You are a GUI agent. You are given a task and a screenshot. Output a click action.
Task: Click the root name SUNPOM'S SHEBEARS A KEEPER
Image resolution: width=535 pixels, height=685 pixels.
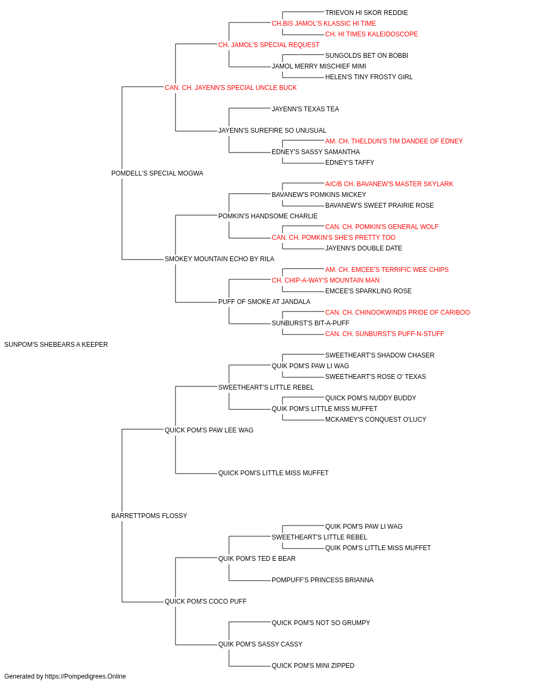(x=56, y=345)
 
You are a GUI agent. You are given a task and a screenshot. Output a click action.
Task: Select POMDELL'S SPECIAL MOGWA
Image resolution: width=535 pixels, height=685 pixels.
(x=157, y=173)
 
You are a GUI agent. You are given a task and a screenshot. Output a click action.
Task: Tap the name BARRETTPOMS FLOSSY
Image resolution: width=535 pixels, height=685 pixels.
(x=149, y=516)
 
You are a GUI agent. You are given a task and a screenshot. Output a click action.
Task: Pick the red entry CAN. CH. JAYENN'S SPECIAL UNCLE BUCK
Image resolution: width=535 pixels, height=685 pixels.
(x=231, y=88)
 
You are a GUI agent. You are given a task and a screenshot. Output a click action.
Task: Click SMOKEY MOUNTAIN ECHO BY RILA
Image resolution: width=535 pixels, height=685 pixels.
(x=219, y=259)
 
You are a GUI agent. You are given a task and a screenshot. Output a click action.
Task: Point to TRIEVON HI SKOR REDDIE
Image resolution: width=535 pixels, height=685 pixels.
(x=366, y=13)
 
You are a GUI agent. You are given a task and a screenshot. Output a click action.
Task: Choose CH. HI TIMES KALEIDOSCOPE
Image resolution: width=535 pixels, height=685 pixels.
(x=371, y=34)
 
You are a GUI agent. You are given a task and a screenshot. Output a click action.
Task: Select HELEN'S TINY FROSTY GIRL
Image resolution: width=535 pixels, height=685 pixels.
(x=369, y=77)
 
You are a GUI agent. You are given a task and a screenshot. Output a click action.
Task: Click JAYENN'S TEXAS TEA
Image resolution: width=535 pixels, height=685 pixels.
(x=305, y=109)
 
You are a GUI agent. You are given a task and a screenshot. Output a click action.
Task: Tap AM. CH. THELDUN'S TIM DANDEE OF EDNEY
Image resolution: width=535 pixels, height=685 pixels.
(x=394, y=141)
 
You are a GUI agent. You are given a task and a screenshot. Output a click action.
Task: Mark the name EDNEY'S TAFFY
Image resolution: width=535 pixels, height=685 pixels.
(x=349, y=163)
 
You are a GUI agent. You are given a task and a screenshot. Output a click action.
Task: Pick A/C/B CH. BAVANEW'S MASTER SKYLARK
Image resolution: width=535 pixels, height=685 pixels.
(x=389, y=184)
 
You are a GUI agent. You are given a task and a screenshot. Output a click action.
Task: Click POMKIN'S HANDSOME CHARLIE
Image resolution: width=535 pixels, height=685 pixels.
(x=268, y=216)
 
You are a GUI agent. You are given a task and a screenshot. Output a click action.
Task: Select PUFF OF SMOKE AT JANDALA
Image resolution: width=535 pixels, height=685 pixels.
(x=264, y=302)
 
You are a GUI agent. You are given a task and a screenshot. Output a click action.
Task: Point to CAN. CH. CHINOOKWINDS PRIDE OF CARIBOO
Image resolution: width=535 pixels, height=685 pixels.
(x=398, y=313)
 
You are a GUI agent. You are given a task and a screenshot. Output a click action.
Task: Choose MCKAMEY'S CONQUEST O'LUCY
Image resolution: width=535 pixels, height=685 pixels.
(x=376, y=419)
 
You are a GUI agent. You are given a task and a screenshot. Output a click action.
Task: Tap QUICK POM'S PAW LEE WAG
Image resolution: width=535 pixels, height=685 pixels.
(x=209, y=430)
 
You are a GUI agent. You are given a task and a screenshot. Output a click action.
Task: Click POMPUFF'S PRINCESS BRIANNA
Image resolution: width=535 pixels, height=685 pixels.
(x=323, y=580)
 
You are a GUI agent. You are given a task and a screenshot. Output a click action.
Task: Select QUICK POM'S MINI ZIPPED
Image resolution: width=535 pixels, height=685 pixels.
(x=313, y=665)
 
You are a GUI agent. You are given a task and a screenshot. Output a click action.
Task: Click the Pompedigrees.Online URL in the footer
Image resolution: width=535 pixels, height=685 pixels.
(x=86, y=676)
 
